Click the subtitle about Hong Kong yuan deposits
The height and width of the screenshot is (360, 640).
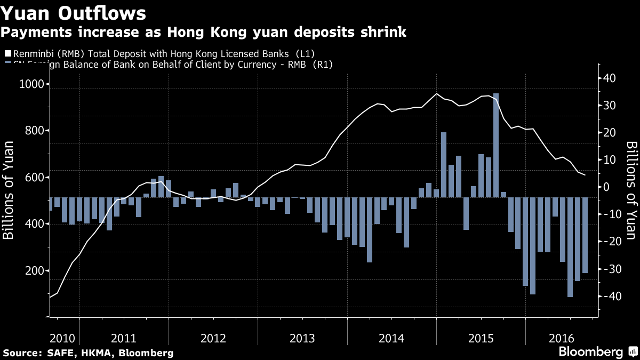(203, 33)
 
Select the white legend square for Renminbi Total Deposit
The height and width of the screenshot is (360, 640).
(7, 54)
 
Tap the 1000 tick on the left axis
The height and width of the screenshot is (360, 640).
(34, 84)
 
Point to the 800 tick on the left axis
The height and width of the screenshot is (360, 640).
(37, 131)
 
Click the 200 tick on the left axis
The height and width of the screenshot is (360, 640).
(37, 271)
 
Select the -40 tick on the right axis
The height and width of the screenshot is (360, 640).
(608, 297)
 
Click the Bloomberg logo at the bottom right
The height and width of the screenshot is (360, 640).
(591, 352)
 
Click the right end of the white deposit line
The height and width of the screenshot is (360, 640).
(585, 175)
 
